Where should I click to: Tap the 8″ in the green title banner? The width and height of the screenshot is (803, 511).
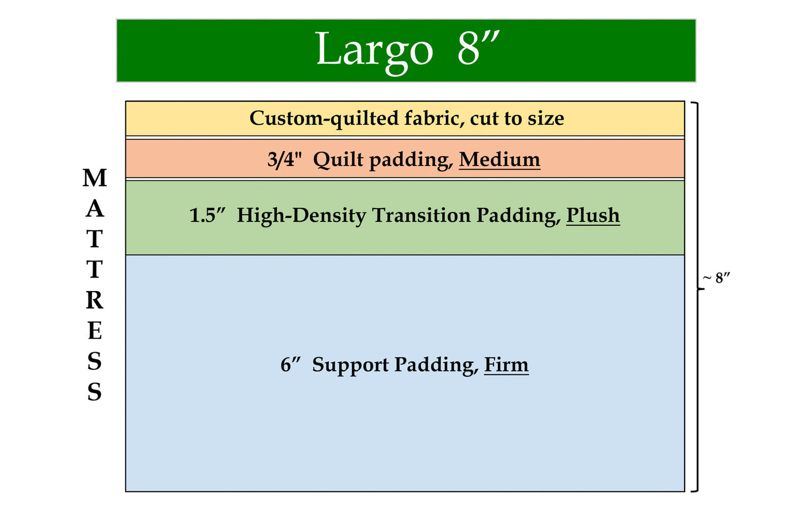click(x=478, y=48)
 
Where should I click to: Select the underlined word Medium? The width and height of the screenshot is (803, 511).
click(x=499, y=159)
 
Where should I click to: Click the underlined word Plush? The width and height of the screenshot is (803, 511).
click(x=593, y=215)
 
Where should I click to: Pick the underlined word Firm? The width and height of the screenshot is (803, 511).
click(x=506, y=364)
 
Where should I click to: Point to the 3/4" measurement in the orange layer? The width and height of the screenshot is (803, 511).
click(x=285, y=159)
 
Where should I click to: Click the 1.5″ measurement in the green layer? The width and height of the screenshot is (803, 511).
click(x=207, y=215)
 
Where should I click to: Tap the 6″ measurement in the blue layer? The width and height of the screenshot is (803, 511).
click(x=290, y=365)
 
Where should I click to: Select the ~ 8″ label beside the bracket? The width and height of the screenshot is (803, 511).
click(x=716, y=278)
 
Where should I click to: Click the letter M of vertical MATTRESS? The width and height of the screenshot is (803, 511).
click(x=95, y=178)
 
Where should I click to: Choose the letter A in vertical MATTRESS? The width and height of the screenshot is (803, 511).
click(x=95, y=208)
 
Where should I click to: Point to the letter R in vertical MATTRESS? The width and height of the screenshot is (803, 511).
click(x=95, y=300)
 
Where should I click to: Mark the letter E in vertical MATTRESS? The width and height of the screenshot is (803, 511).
click(x=95, y=330)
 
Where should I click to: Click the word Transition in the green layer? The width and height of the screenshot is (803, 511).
click(x=421, y=215)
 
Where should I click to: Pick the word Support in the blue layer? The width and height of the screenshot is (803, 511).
click(x=350, y=365)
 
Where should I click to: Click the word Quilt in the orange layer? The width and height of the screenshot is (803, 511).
click(x=338, y=159)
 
